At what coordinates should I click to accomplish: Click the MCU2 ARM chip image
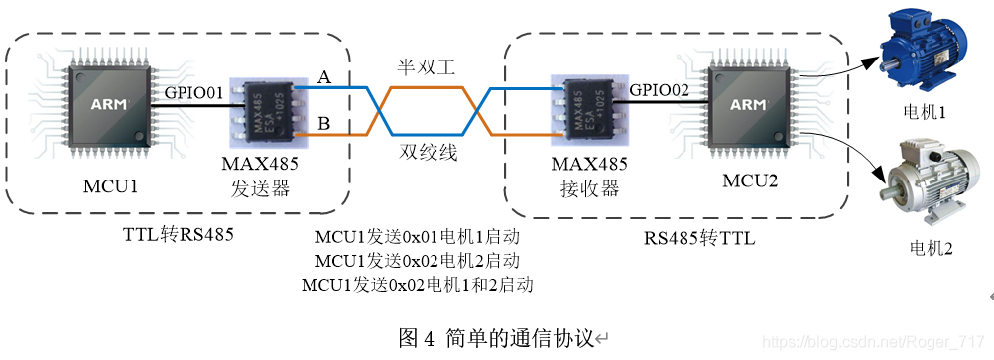pos(747,104)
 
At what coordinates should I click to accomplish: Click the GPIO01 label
pos(193,92)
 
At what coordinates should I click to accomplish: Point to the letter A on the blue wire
pos(323,76)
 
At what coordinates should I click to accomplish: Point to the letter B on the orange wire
pos(323,124)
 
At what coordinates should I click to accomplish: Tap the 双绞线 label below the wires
pos(428,153)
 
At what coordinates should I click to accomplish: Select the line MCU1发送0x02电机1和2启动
pos(417,286)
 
